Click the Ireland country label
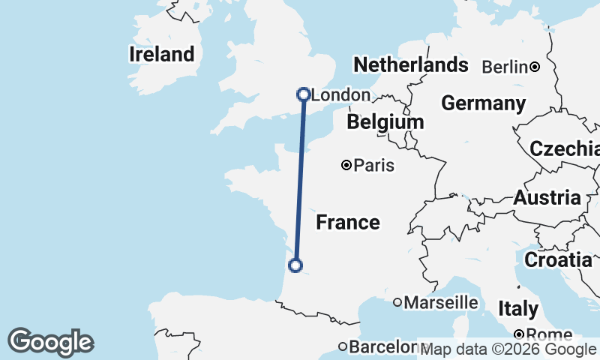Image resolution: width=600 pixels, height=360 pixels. tap(161, 54)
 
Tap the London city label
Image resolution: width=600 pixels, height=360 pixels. tap(340, 95)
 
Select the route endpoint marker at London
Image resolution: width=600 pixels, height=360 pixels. tap(304, 94)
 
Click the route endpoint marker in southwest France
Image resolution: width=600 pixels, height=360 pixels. tap(295, 265)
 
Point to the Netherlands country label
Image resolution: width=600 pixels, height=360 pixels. tap(410, 64)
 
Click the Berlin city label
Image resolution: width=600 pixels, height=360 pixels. tap(505, 67)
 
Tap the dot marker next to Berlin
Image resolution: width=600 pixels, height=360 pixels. tap(535, 67)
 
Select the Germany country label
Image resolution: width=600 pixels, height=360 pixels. tap(483, 103)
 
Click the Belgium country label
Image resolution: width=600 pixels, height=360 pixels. tap(385, 121)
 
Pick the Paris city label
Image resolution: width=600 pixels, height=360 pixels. tap(374, 165)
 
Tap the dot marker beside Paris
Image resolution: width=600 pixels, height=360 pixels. tap(346, 165)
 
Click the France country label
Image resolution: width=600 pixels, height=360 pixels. tap(347, 222)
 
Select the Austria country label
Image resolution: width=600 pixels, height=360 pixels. tap(547, 198)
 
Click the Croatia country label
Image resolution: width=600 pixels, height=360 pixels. tap(557, 260)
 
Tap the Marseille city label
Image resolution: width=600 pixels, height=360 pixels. tap(441, 302)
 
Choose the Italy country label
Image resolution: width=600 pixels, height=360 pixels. tap(518, 308)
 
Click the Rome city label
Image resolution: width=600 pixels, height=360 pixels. tap(550, 334)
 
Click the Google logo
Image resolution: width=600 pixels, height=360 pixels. tap(50, 342)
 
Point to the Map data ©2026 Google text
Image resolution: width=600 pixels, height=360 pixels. tap(508, 349)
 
